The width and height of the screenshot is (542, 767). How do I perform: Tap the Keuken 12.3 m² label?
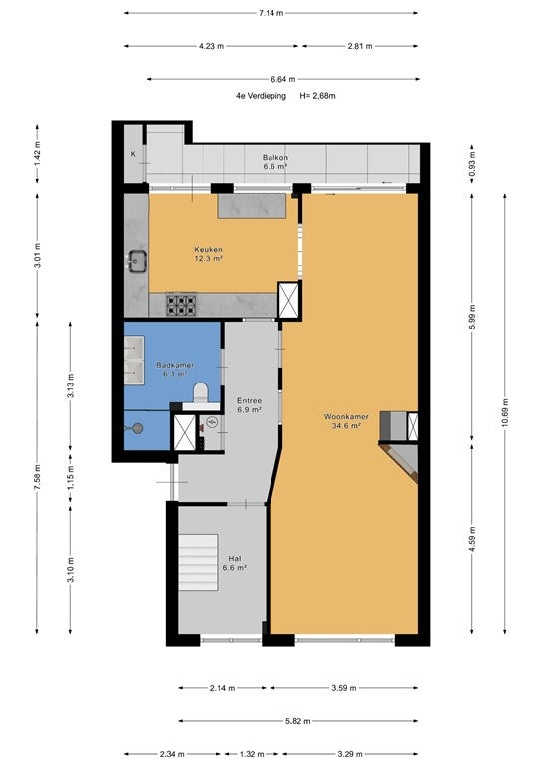(x=209, y=253)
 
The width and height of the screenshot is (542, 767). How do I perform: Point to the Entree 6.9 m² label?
(x=249, y=405)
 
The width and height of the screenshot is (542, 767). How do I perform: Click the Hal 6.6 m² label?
(x=235, y=563)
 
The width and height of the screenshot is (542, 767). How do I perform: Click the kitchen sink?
(x=137, y=260)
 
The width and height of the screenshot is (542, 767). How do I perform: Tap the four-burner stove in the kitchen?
(x=181, y=305)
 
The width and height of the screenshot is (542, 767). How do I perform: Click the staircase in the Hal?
(x=198, y=563)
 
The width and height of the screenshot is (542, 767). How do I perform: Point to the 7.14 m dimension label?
(x=271, y=13)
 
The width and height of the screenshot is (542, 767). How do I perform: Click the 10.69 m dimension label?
(x=505, y=413)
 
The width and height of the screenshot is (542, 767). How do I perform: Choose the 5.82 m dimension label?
(x=298, y=720)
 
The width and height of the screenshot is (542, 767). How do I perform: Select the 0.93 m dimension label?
(x=472, y=164)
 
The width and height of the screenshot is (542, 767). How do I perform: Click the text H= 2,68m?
(x=317, y=96)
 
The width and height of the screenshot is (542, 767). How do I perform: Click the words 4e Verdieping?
(x=261, y=96)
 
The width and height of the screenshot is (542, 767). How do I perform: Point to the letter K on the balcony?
(x=133, y=154)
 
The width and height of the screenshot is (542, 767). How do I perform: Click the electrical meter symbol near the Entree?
(x=212, y=422)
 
